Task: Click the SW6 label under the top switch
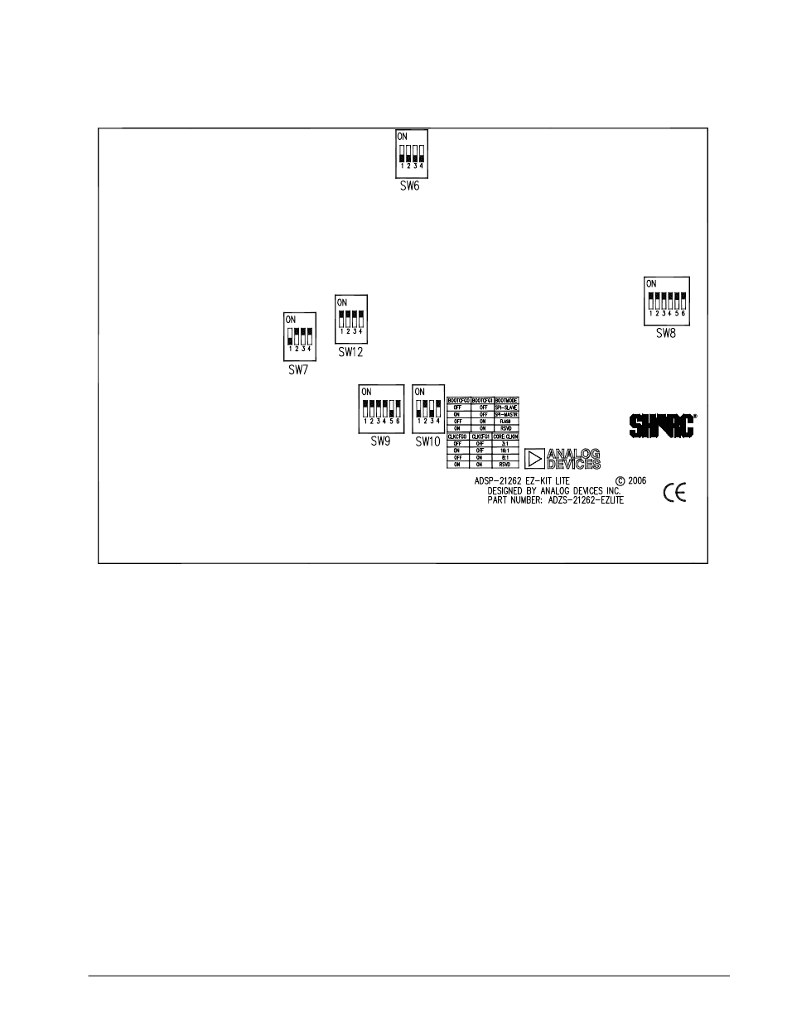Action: click(x=410, y=187)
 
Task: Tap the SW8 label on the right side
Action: click(x=666, y=334)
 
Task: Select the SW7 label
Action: click(x=297, y=370)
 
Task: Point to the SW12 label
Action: click(x=350, y=352)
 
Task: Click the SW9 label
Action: click(x=380, y=441)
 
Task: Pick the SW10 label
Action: click(x=427, y=441)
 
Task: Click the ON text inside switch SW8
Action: click(x=652, y=282)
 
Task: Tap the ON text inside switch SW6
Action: click(x=403, y=135)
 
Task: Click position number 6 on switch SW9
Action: click(x=398, y=422)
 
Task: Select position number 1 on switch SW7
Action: click(x=290, y=349)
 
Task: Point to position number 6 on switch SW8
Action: click(x=684, y=314)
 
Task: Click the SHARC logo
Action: click(x=661, y=426)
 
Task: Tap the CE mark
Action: click(x=674, y=494)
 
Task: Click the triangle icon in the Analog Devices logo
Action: click(x=536, y=458)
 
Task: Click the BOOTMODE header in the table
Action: click(x=505, y=400)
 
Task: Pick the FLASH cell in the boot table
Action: click(x=505, y=422)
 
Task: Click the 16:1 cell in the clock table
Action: click(x=505, y=450)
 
